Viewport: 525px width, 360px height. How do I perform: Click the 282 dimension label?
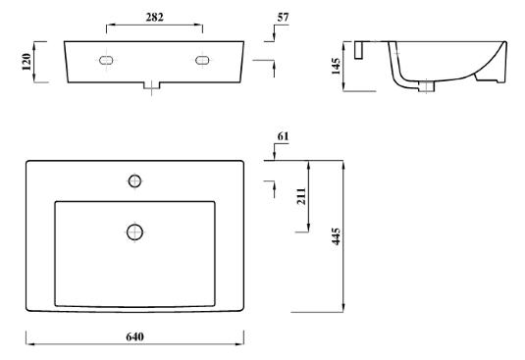(x=154, y=17)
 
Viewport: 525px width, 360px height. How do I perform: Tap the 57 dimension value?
(x=283, y=17)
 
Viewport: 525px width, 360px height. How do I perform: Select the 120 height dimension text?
(x=26, y=62)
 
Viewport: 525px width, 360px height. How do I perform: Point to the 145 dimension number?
(x=336, y=66)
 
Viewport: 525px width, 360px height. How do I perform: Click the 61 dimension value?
(x=283, y=136)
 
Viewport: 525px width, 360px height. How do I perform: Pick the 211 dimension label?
(x=301, y=196)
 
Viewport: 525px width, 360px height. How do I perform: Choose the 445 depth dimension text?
(x=336, y=236)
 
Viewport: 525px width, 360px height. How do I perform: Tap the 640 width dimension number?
(x=135, y=336)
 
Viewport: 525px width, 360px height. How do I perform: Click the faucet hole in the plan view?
(x=135, y=181)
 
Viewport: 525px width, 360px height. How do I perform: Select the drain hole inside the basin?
(x=135, y=232)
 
